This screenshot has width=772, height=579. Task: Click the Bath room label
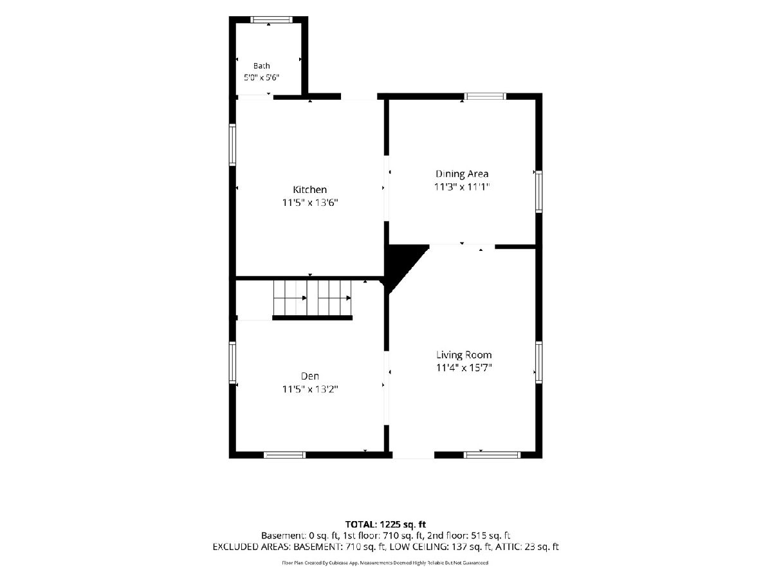point(262,66)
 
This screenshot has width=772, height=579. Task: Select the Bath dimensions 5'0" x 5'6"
point(262,77)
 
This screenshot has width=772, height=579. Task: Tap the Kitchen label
point(310,190)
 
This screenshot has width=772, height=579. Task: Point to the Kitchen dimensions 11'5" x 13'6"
point(310,203)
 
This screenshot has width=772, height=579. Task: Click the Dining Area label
point(462,174)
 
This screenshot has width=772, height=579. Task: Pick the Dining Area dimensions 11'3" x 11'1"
point(462,187)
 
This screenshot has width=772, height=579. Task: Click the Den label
point(310,376)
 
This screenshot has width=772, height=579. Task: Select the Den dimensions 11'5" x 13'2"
point(310,389)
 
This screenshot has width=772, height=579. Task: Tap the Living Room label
point(464,355)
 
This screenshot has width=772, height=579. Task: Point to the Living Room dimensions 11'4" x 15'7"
point(464,368)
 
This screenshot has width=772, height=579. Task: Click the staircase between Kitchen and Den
point(312,298)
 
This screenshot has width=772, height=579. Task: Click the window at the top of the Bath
point(271,19)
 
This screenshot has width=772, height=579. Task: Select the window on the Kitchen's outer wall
point(232,145)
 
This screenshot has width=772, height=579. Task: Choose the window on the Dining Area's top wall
point(485,96)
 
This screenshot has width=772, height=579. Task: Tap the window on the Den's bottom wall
point(284,455)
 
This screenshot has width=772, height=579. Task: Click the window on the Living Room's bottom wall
point(492,455)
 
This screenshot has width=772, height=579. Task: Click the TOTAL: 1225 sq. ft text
point(385,524)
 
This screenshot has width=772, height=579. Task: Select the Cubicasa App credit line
point(385,563)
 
